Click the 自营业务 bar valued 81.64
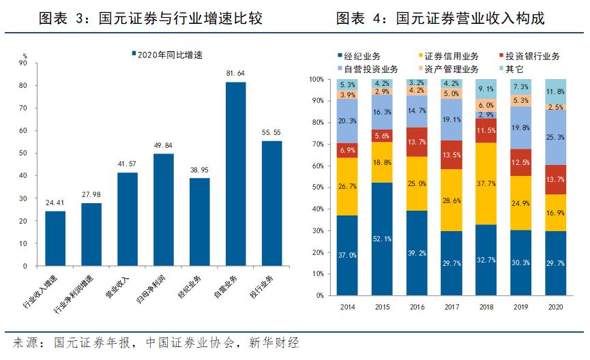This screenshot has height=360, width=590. pos(236,174)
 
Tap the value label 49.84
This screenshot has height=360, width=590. pos(164,146)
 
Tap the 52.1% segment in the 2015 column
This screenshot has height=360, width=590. pos(382,239)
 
